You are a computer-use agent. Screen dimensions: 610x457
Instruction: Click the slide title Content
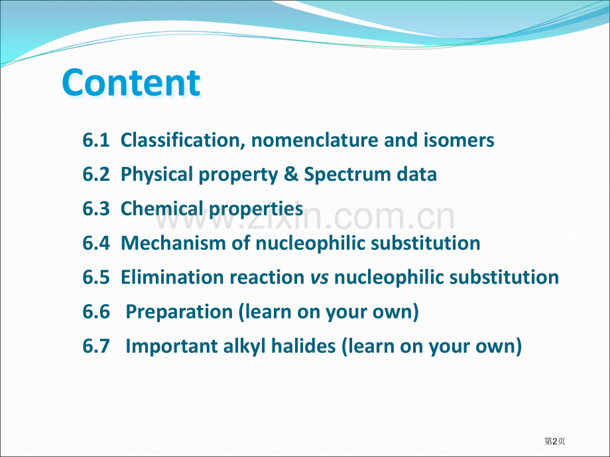[131, 82]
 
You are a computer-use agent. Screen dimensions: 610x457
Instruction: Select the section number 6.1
[96, 140]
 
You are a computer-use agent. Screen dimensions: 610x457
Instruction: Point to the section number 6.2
[96, 174]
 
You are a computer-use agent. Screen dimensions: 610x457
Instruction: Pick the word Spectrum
[347, 175]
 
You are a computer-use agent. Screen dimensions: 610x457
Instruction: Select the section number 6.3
[96, 209]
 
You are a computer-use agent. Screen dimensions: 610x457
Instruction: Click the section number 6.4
[96, 243]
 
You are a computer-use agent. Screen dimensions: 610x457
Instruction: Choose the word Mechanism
[174, 243]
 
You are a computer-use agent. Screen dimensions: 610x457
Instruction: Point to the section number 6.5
[96, 277]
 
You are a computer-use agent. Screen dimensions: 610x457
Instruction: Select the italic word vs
[320, 278]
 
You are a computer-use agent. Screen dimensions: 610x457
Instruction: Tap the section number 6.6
[96, 312]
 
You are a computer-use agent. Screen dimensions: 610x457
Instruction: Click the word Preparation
[179, 313]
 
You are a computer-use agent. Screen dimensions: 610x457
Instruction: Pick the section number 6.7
[96, 346]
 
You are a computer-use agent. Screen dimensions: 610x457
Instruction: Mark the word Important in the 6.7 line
[172, 346]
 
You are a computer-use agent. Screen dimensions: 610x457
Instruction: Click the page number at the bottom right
[555, 441]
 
